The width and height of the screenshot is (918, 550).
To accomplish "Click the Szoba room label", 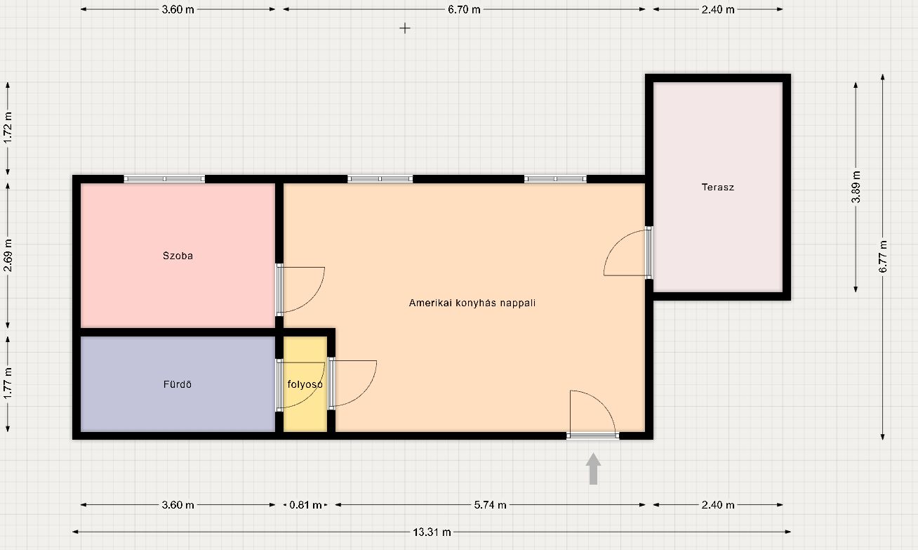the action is (x=178, y=256).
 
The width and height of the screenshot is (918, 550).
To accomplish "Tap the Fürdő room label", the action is (x=178, y=384).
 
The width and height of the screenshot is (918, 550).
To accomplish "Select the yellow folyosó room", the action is (x=305, y=384).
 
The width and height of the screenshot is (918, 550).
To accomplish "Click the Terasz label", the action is (x=717, y=188).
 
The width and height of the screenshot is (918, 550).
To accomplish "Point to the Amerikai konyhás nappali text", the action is (x=472, y=303).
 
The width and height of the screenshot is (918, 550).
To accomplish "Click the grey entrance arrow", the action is (x=593, y=469).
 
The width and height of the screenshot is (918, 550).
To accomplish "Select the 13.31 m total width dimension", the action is (x=432, y=532).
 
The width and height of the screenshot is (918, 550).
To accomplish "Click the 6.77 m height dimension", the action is (x=883, y=257).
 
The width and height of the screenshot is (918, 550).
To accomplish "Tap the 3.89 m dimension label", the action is (x=856, y=187).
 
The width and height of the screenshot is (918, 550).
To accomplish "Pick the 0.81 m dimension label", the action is (x=305, y=505).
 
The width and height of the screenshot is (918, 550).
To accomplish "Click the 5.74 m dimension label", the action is (x=490, y=505).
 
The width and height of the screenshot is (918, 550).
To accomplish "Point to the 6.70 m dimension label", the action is (x=464, y=9).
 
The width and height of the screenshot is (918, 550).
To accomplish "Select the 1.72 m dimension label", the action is (x=8, y=129).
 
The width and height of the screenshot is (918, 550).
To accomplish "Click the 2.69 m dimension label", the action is (x=8, y=256).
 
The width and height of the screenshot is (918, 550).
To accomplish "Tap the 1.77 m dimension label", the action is (x=8, y=384).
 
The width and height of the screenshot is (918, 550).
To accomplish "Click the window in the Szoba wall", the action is (x=164, y=179).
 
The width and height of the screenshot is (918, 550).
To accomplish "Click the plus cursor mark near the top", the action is (x=404, y=28).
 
